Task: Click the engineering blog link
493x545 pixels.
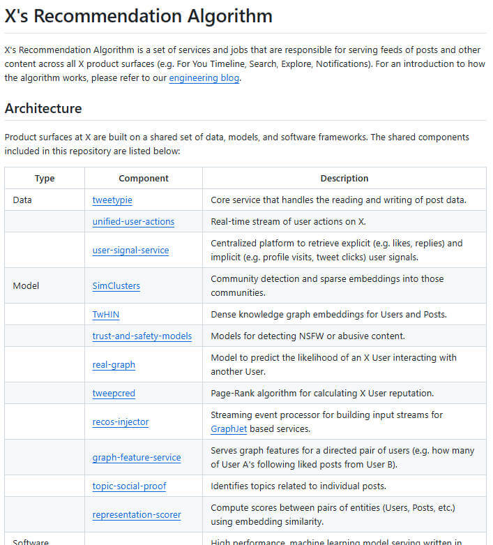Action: coord(204,78)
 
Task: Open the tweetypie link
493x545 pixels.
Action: coord(112,200)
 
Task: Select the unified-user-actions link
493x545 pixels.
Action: coord(133,222)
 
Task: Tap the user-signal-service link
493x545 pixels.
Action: coord(130,251)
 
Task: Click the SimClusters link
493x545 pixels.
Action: coord(116,286)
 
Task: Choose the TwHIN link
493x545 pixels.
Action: coord(106,315)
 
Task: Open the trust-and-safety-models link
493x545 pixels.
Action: coord(142,336)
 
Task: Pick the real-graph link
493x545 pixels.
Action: coord(114,365)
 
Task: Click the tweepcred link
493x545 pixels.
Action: coord(114,394)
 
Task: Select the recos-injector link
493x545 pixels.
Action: coord(120,422)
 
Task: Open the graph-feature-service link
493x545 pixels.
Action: coord(136,458)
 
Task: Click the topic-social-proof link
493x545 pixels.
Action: coord(129,486)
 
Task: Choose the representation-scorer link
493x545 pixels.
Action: coord(136,515)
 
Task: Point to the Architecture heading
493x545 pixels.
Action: coord(43,108)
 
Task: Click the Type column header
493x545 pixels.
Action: coord(45,179)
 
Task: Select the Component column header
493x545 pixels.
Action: coord(143,179)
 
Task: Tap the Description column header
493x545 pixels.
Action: coord(344,179)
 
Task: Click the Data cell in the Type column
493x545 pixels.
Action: coord(22,200)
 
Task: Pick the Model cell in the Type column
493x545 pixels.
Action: coord(26,286)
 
